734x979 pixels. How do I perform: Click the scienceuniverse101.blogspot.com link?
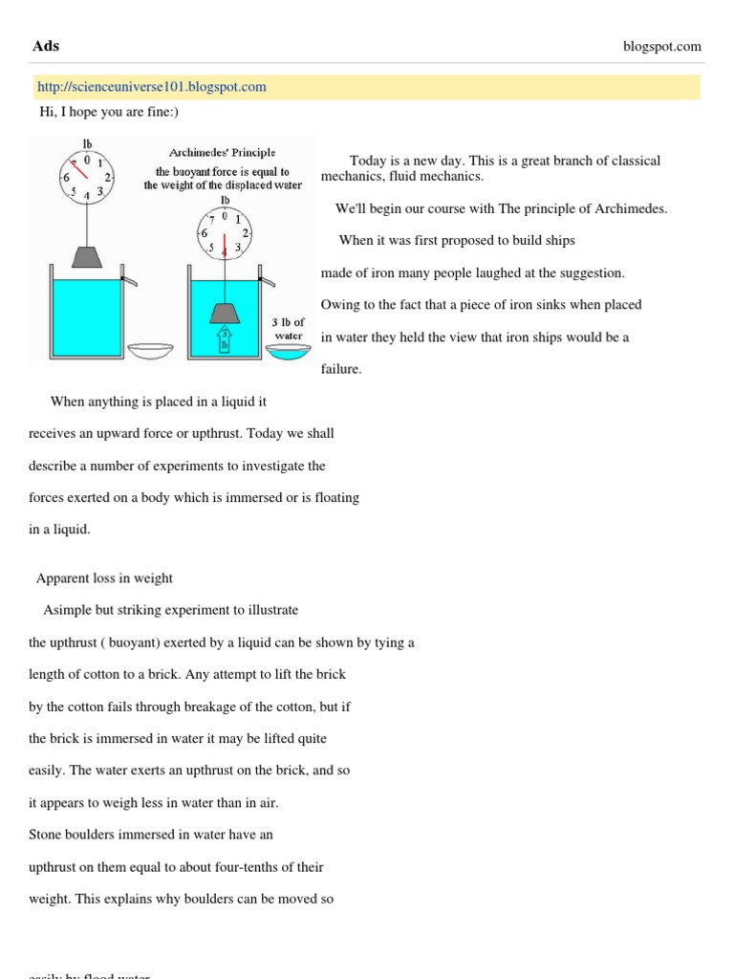click(x=151, y=87)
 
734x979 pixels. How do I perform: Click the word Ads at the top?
click(x=46, y=46)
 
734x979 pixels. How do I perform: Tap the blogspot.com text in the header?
click(x=660, y=46)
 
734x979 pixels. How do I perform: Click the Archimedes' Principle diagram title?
click(x=222, y=152)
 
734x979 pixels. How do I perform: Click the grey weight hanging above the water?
click(x=88, y=257)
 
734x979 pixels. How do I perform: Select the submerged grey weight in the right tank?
click(x=225, y=312)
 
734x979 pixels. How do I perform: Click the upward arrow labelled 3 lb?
click(x=225, y=338)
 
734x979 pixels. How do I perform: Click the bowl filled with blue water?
click(x=288, y=352)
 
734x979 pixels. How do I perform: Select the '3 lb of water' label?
click(x=288, y=329)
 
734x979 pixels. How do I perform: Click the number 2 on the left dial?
click(x=108, y=178)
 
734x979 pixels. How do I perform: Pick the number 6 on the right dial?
click(x=204, y=232)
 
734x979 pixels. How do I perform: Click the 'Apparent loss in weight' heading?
click(x=104, y=577)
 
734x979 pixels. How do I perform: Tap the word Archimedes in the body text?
click(x=633, y=208)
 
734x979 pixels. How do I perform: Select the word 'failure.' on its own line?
click(x=341, y=369)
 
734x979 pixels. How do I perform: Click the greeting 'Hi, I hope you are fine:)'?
click(x=108, y=112)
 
